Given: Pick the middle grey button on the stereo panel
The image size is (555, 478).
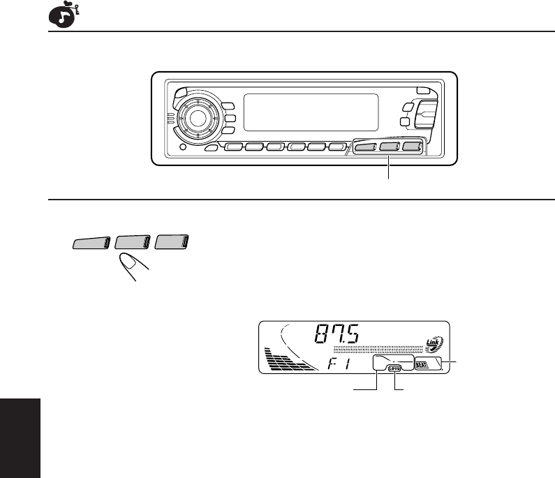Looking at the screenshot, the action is click(390, 147).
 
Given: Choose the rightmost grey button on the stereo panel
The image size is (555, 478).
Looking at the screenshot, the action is click(413, 147).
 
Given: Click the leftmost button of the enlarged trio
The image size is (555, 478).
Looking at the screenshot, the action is click(90, 243).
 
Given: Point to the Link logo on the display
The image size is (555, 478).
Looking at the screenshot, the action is click(434, 343).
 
